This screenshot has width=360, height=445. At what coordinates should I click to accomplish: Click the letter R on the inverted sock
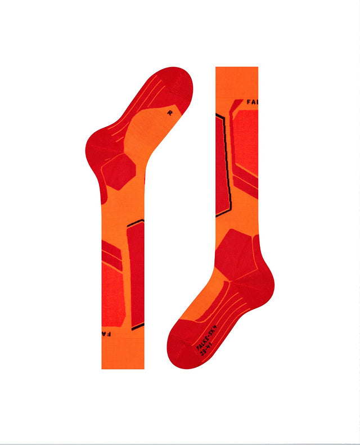coord(170,112)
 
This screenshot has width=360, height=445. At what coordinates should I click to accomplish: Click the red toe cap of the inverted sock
coord(169,84)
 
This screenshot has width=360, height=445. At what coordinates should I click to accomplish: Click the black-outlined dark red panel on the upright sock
coord(222,163)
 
